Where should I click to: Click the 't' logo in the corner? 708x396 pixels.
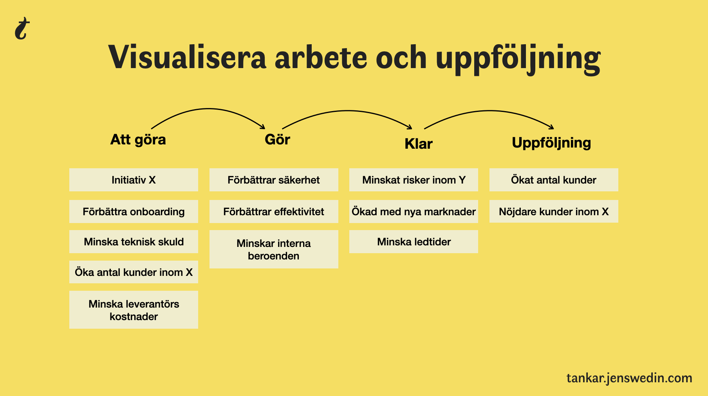coord(22,29)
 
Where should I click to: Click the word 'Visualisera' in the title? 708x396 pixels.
coord(187,58)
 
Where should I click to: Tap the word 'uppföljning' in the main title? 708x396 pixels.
coord(518,59)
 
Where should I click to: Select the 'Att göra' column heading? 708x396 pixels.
coord(138,140)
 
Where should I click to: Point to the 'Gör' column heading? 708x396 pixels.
coord(277,139)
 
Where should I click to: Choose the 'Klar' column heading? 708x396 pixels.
coord(418,144)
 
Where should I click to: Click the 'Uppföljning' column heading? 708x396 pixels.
coord(551,143)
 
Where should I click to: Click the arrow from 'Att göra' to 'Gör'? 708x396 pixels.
coord(208,109)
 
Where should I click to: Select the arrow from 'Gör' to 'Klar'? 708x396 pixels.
coord(348,111)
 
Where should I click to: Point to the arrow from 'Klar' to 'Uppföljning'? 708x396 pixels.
coord(489,111)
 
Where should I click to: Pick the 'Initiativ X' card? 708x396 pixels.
coord(134,180)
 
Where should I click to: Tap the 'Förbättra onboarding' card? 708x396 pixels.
coord(134,211)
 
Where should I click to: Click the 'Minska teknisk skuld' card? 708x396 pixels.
coord(134,241)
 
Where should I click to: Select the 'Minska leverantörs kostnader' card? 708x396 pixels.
coord(134,310)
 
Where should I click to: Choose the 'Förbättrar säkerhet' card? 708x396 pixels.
coord(274,180)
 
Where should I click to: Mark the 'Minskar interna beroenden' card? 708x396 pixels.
coord(274,249)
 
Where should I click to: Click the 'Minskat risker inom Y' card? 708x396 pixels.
coord(414,180)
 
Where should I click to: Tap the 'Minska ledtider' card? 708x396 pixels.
coord(414,241)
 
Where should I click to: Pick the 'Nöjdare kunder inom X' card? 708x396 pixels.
coord(554,211)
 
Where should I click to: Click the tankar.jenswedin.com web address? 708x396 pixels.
coord(629,378)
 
